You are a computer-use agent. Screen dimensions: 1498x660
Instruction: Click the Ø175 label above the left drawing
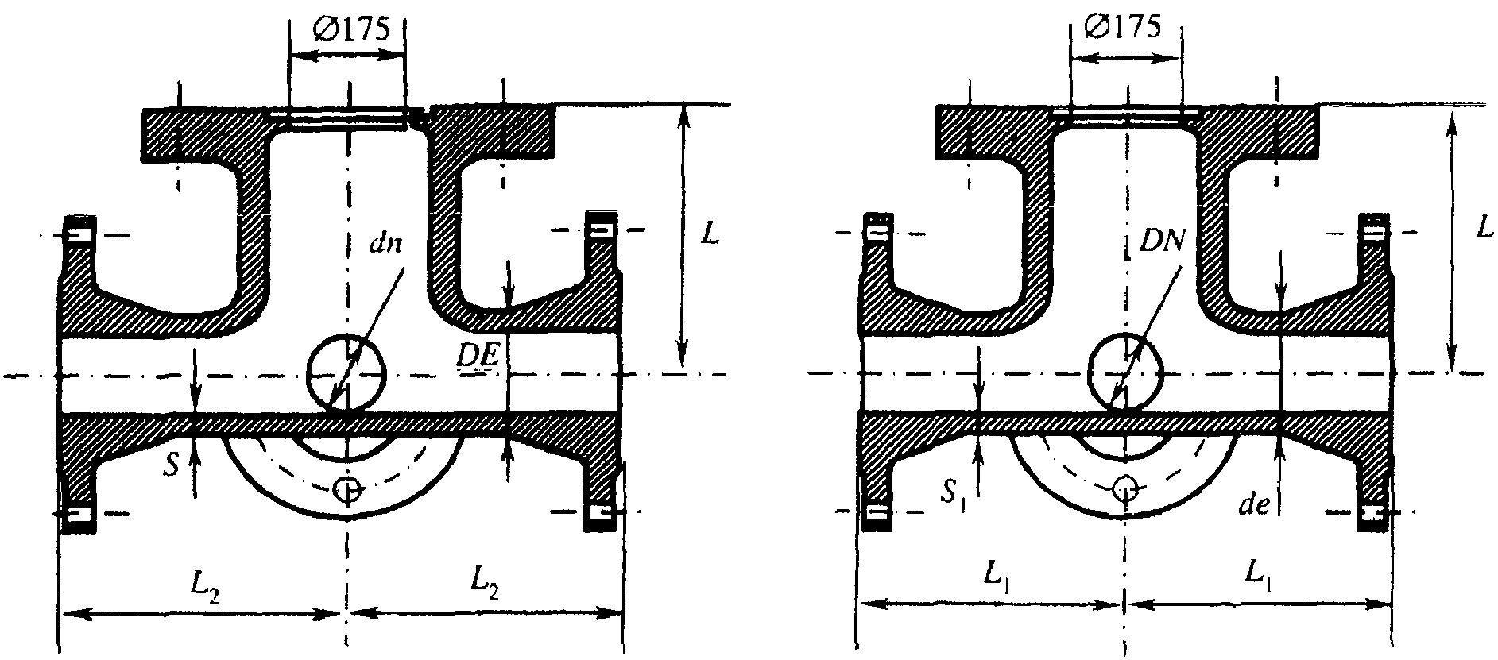350,29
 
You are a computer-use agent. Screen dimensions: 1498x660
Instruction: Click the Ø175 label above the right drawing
1127,27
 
